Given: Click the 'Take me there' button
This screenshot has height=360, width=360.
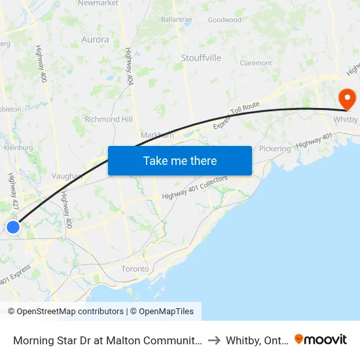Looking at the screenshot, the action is [180, 160].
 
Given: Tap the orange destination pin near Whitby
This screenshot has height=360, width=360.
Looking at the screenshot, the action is [346, 98].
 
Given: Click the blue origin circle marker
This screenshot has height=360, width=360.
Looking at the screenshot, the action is [13, 226].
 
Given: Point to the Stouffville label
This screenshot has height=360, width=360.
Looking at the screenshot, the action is [201, 58].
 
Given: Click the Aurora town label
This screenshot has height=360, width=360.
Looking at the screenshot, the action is [95, 39].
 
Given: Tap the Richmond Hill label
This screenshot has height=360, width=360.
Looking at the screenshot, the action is [108, 120].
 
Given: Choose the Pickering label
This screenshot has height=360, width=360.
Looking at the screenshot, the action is [274, 149].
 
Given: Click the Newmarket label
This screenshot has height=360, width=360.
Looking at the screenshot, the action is [98, 3].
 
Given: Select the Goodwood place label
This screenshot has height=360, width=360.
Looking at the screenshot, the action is [225, 20].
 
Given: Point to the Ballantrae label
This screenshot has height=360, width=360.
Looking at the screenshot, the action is [176, 20].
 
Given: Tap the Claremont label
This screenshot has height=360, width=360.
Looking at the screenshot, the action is [256, 63].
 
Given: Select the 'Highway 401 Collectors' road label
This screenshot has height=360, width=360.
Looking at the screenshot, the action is [194, 187].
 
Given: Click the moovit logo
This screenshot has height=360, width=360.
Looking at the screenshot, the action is [321, 339].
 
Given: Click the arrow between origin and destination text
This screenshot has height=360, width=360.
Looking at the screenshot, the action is [213, 340].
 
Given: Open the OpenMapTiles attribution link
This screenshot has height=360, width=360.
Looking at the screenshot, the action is [162, 312].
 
